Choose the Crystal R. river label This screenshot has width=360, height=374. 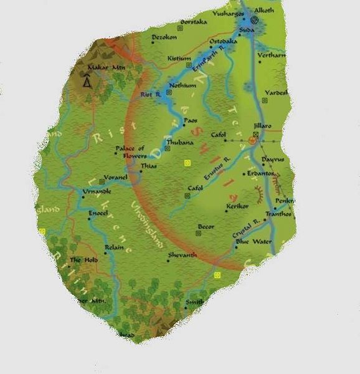coord(245,229)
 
